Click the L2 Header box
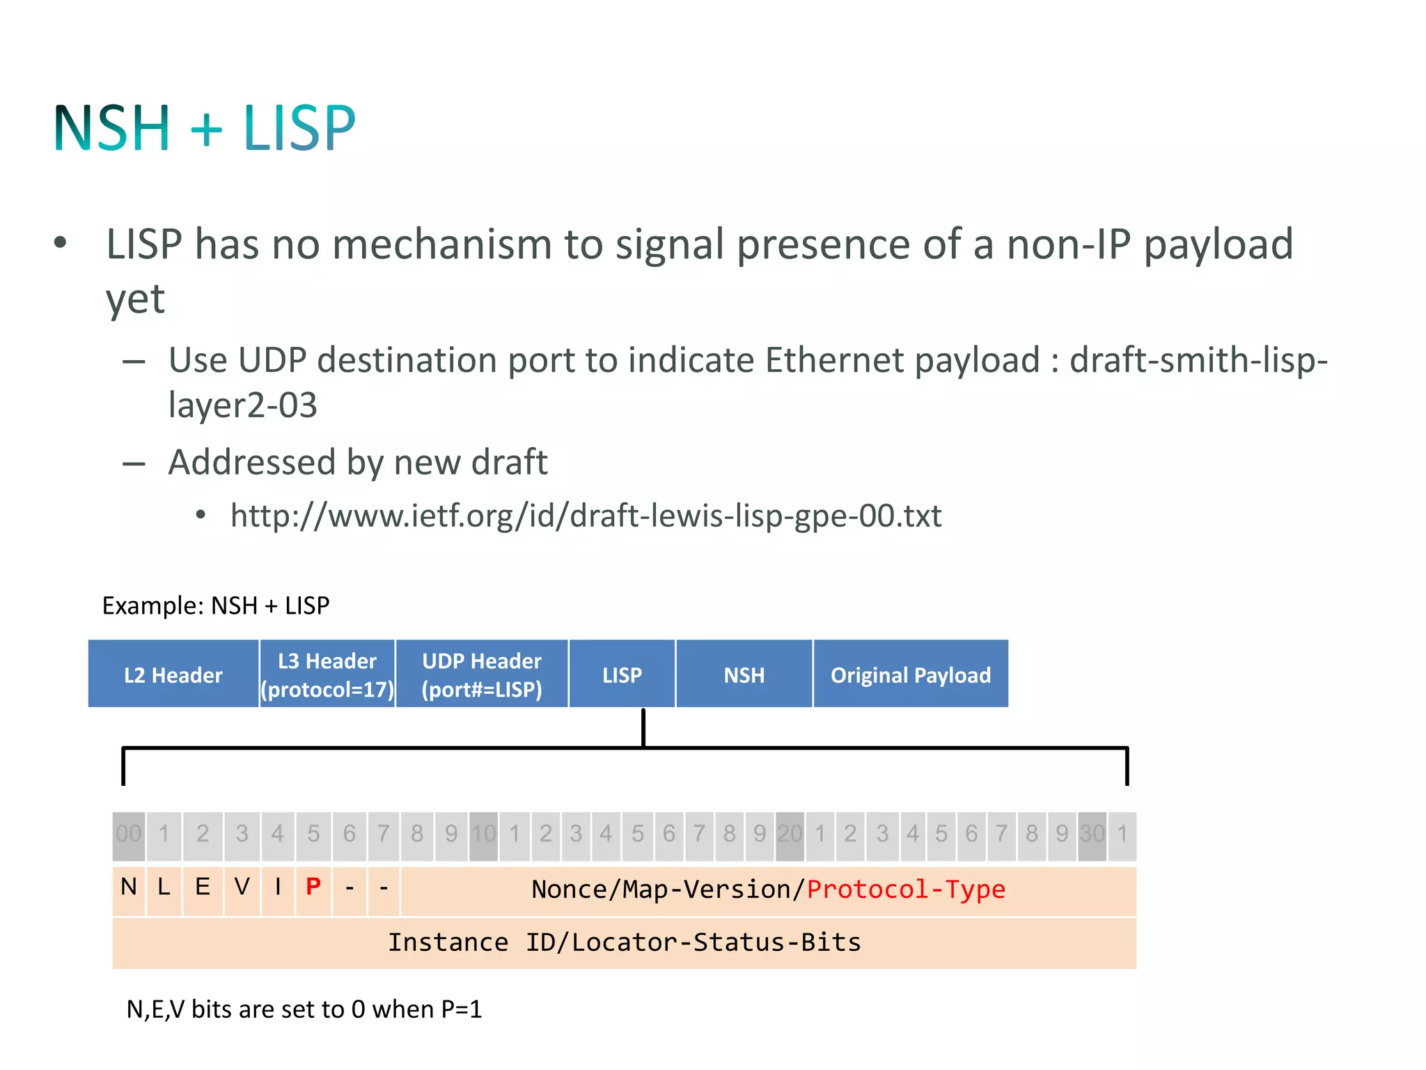[x=173, y=674]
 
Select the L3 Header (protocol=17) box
[x=327, y=674]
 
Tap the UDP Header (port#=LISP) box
[x=482, y=674]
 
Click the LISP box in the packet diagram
[x=622, y=674]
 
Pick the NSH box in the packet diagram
[x=744, y=674]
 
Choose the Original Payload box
[x=910, y=674]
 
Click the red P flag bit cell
[x=313, y=887]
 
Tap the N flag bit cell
[x=129, y=887]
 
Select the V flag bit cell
[x=242, y=887]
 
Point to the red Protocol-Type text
[x=905, y=890]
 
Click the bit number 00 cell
[x=129, y=834]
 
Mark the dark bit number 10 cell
[x=483, y=834]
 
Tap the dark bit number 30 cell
[x=1092, y=834]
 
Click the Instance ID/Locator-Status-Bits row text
[x=624, y=943]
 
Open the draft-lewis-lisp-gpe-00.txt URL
[x=585, y=516]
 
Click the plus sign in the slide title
[x=206, y=130]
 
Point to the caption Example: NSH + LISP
[x=216, y=605]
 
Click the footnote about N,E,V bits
[x=304, y=1009]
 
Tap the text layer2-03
[x=242, y=405]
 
